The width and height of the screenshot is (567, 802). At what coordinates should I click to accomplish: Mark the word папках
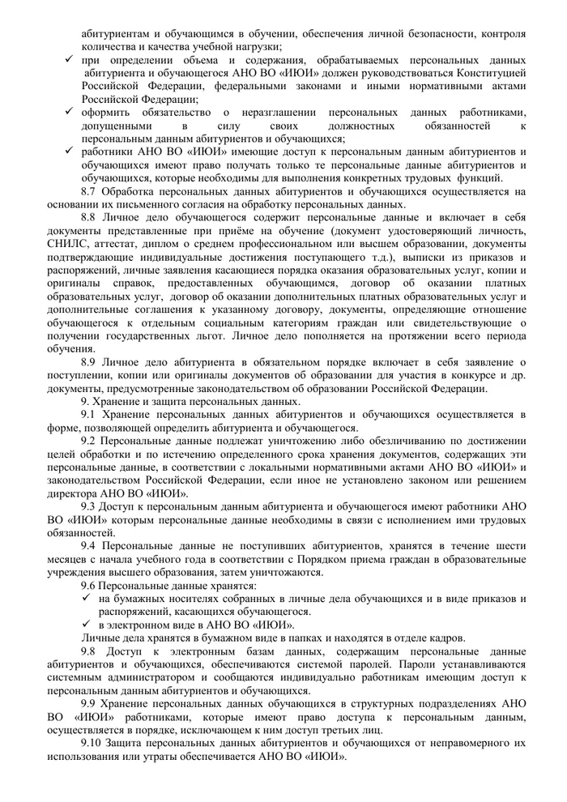point(301,638)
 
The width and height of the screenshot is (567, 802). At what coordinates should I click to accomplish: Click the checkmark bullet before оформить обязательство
point(70,113)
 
